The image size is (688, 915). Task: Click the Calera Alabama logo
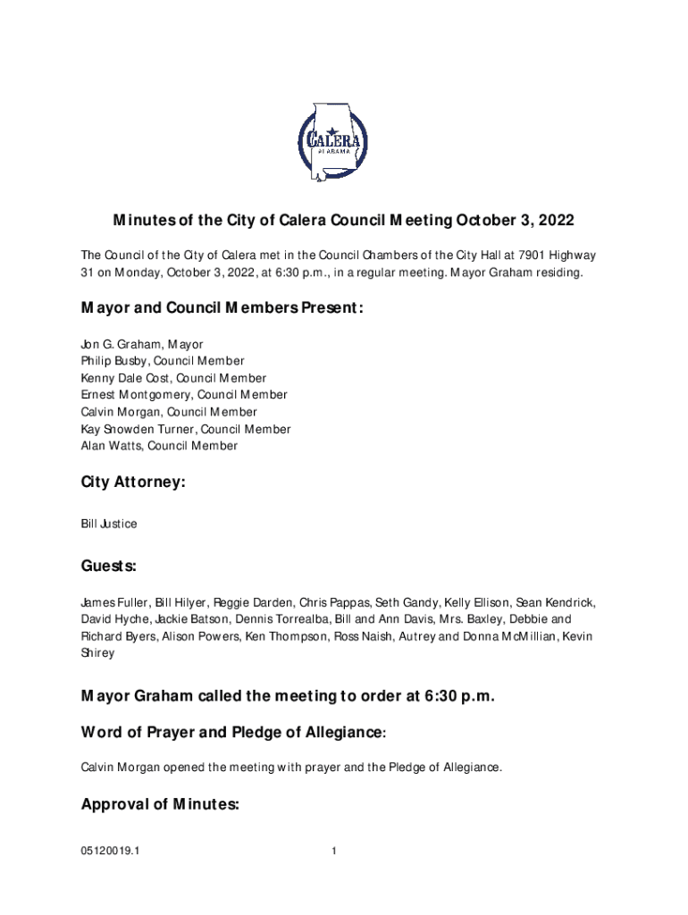pos(332,142)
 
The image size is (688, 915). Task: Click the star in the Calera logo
pos(331,130)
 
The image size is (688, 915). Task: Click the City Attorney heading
pos(133,483)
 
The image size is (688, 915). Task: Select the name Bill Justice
pos(109,524)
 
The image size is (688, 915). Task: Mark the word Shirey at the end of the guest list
pos(97,653)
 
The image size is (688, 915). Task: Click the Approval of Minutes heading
pos(160,804)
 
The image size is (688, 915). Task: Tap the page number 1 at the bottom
pos(333,851)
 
